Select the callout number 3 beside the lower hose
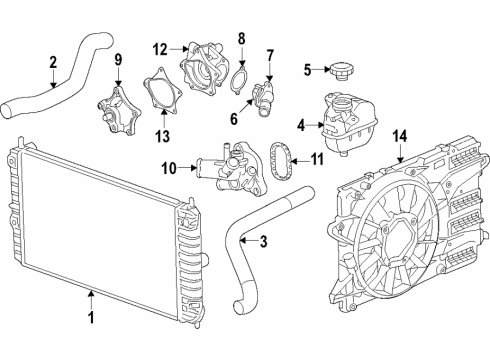(263, 240)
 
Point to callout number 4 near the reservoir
(299, 125)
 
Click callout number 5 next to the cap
(309, 69)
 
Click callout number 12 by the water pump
(161, 49)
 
